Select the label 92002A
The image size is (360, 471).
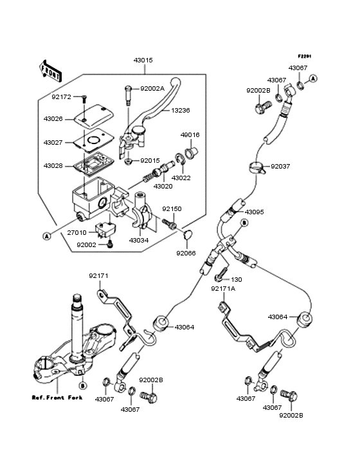pos(152,89)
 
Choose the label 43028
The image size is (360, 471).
pos(53,166)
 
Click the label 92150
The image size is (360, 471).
pos(172,209)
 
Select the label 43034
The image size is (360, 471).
pos(139,241)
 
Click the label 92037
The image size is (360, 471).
pos(280,166)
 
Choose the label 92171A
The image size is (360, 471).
pos(223,289)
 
